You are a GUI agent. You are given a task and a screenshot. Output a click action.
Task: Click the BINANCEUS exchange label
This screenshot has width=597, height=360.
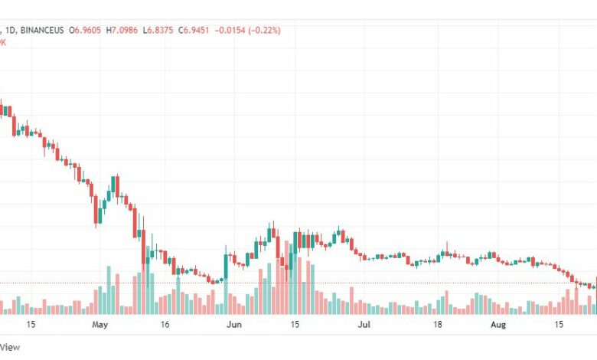(41, 31)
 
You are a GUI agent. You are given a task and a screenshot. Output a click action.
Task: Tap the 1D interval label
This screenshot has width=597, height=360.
(8, 31)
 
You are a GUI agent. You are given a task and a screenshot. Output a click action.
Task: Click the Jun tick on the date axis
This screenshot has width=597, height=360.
(234, 325)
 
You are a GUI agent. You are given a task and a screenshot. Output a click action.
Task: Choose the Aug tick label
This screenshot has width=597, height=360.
(498, 325)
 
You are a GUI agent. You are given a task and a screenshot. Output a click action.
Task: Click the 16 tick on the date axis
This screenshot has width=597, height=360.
(165, 325)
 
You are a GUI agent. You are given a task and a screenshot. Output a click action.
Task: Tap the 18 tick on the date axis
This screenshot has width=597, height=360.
(439, 325)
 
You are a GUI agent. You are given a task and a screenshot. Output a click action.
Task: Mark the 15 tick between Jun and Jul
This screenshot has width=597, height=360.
(295, 325)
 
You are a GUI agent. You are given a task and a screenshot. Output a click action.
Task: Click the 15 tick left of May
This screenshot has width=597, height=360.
(31, 325)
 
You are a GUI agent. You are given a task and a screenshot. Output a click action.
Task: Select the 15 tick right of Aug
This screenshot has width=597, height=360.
(560, 325)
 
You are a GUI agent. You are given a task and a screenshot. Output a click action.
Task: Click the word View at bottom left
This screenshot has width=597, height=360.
(11, 347)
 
